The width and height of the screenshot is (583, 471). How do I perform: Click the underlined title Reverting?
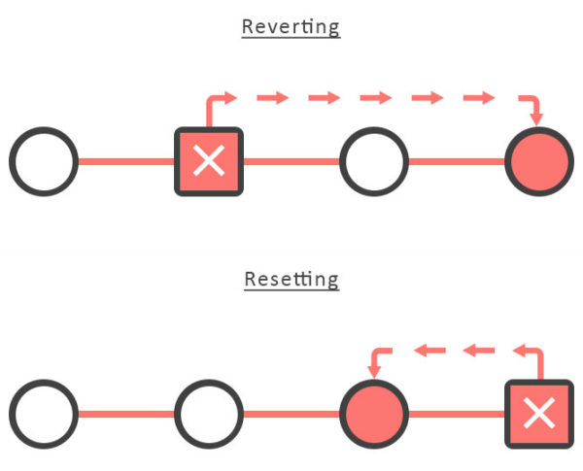pyautogui.click(x=291, y=26)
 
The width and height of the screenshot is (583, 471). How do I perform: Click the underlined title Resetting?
pyautogui.click(x=291, y=280)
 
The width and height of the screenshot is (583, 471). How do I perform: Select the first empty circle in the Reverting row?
pyautogui.click(x=43, y=160)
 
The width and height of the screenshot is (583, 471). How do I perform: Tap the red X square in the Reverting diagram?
pyautogui.click(x=208, y=160)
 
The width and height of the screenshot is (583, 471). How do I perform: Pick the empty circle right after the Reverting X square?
pyautogui.click(x=374, y=160)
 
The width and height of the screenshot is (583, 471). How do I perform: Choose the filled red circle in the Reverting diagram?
pyautogui.click(x=540, y=160)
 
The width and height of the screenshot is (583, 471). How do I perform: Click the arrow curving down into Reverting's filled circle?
pyautogui.click(x=531, y=105)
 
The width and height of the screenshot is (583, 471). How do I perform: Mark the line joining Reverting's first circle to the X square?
pyautogui.click(x=125, y=160)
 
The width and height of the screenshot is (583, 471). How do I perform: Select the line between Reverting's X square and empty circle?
pyautogui.click(x=291, y=160)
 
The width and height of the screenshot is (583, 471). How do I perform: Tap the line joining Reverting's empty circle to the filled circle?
pyautogui.click(x=457, y=160)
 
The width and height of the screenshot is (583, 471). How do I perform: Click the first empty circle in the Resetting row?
pyautogui.click(x=43, y=415)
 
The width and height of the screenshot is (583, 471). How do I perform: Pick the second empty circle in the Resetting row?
pyautogui.click(x=208, y=415)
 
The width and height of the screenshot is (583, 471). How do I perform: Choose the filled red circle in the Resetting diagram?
pyautogui.click(x=374, y=415)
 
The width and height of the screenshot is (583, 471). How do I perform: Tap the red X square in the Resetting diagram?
pyautogui.click(x=540, y=415)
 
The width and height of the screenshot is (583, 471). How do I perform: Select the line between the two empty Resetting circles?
pyautogui.click(x=125, y=415)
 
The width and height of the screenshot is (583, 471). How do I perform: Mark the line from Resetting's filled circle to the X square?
pyautogui.click(x=457, y=415)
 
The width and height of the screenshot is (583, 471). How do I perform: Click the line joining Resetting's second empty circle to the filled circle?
pyautogui.click(x=291, y=415)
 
